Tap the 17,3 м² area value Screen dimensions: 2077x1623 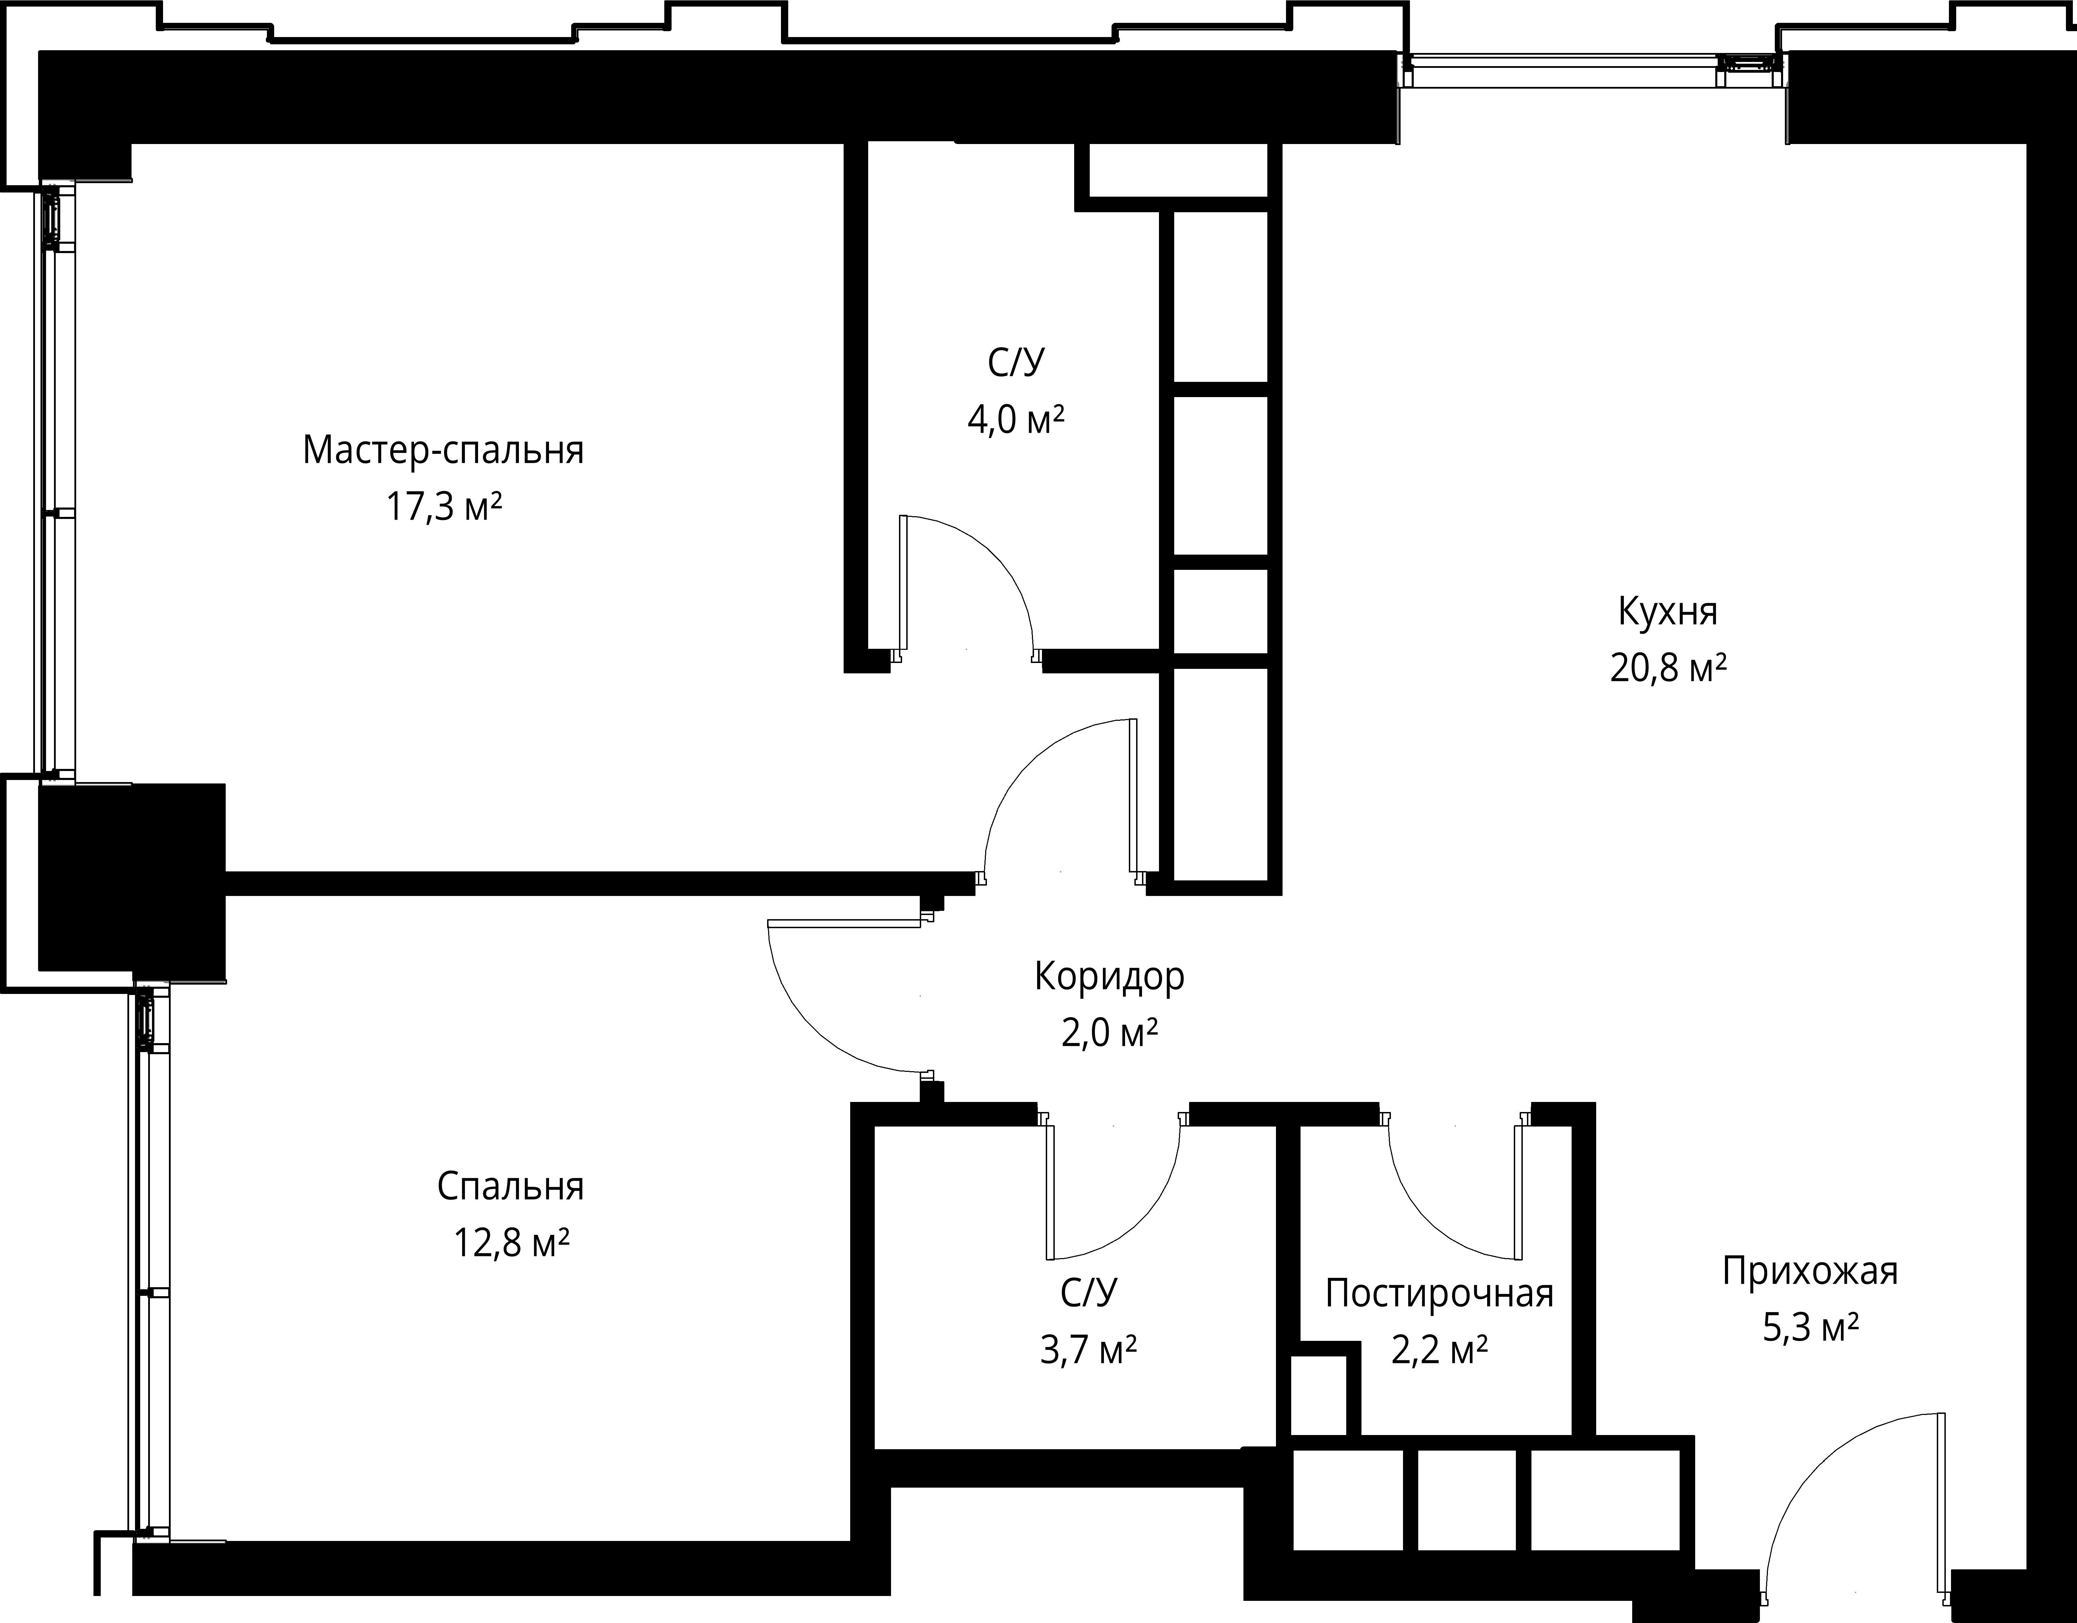pos(443,507)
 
